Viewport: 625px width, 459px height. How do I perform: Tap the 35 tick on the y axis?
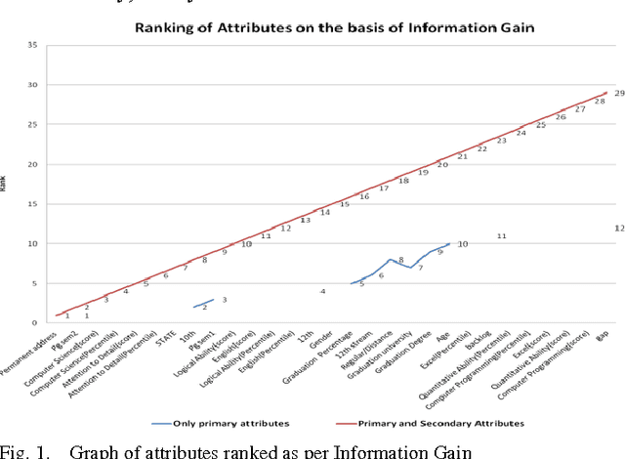coord(32,45)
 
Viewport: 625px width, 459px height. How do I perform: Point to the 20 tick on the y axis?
coord(32,164)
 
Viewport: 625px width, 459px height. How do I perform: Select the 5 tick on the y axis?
coord(35,283)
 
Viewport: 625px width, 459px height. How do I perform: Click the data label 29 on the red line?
coord(618,93)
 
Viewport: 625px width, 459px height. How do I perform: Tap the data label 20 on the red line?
coord(442,165)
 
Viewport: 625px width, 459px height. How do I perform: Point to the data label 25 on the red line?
coord(540,125)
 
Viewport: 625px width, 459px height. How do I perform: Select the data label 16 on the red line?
coord(364,197)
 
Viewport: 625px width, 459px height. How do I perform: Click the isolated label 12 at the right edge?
coord(619,228)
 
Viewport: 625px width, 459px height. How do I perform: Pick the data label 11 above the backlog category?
coord(501,236)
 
